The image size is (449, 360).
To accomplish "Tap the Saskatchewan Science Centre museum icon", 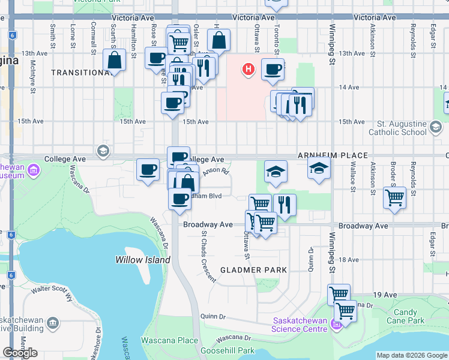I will [x=336, y=325].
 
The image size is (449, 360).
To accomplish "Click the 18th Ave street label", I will [x=348, y=260].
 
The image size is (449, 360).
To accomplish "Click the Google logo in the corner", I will [x=20, y=353].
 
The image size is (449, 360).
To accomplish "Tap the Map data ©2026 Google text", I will [x=412, y=355].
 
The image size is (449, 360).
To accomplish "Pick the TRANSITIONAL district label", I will [x=81, y=73].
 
